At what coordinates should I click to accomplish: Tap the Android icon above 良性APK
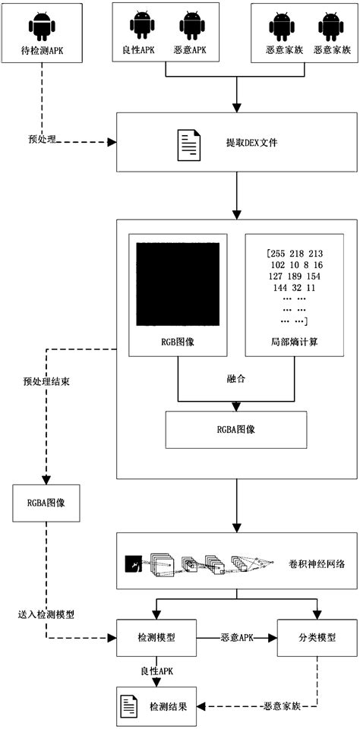(142, 26)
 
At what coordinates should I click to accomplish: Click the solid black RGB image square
(177, 284)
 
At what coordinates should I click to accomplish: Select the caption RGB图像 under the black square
(177, 342)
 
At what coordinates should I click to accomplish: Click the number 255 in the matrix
(270, 253)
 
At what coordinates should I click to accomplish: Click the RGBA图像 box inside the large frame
(235, 428)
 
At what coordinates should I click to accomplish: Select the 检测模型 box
(156, 639)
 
